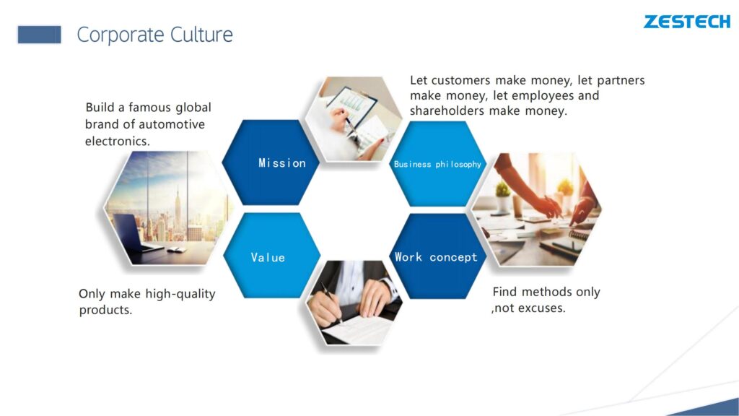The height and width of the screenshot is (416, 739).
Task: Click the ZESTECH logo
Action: click(687, 22)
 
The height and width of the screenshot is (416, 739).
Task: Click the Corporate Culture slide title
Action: click(154, 35)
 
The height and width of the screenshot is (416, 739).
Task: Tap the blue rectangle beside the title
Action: click(40, 35)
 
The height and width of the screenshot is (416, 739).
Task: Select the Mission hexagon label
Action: click(282, 163)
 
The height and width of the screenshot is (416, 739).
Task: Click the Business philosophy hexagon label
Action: click(437, 164)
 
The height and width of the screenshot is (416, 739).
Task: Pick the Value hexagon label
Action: click(268, 258)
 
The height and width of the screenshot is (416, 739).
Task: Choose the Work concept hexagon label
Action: click(436, 257)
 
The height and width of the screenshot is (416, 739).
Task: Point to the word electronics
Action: click(118, 141)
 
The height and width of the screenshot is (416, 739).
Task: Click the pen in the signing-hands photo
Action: click(331, 301)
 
